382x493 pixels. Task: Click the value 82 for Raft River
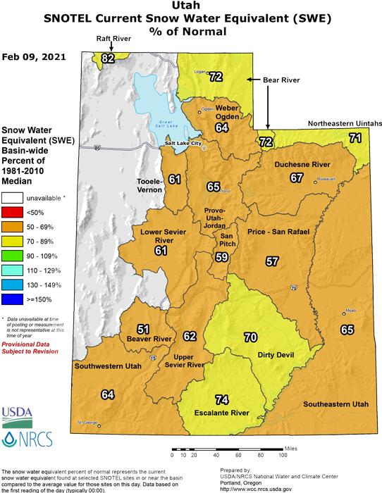(108, 58)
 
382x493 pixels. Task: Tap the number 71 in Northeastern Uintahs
(357, 139)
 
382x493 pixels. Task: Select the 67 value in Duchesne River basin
(297, 178)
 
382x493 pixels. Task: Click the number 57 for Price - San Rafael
(271, 261)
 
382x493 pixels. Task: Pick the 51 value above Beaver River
(144, 329)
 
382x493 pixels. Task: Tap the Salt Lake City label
(183, 144)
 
